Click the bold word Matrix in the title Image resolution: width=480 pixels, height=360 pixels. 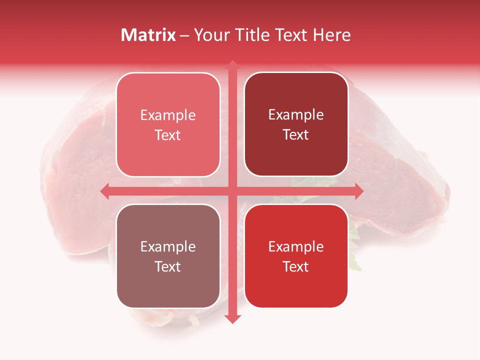pyautogui.click(x=148, y=35)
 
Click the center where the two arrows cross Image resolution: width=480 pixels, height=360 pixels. pyautogui.click(x=231, y=191)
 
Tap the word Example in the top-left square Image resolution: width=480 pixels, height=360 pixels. pyautogui.click(x=168, y=115)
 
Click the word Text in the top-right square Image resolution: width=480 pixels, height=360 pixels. pyautogui.click(x=296, y=135)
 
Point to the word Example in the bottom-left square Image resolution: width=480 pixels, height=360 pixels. pyautogui.click(x=168, y=247)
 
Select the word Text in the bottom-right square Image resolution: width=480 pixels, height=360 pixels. pyautogui.click(x=296, y=267)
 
